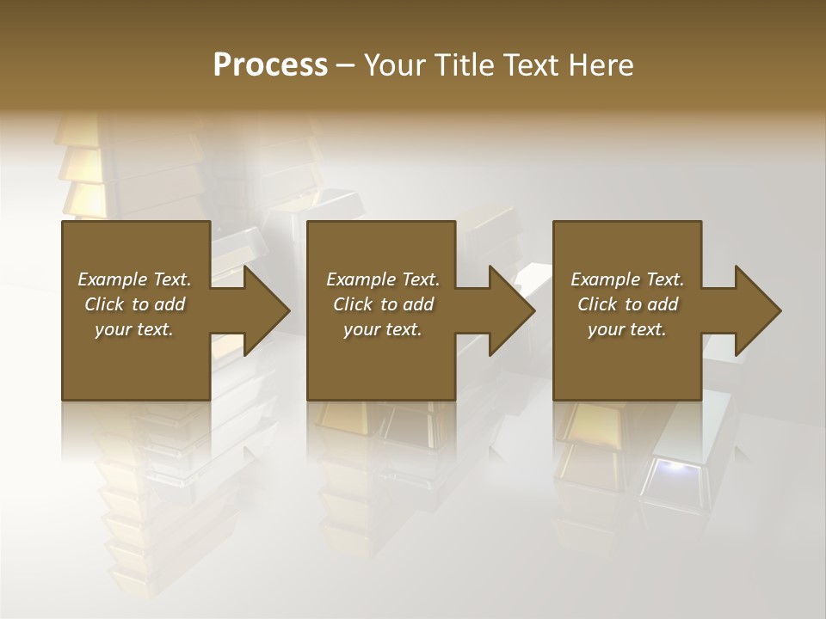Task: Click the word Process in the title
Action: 270,65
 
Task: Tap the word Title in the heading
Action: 460,65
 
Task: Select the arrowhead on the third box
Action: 756,310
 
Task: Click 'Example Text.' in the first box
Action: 134,279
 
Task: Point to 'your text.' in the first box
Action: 134,329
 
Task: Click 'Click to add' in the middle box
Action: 383,304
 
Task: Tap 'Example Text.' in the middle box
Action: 383,279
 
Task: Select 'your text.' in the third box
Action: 627,329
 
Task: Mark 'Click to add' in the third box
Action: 627,304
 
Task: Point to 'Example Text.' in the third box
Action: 627,279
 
